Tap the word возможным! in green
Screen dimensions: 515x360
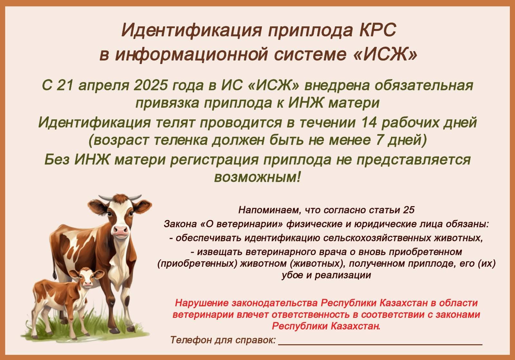tap(257, 177)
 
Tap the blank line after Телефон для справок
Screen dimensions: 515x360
tap(380, 344)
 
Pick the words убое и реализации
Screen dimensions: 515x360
tap(326, 275)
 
